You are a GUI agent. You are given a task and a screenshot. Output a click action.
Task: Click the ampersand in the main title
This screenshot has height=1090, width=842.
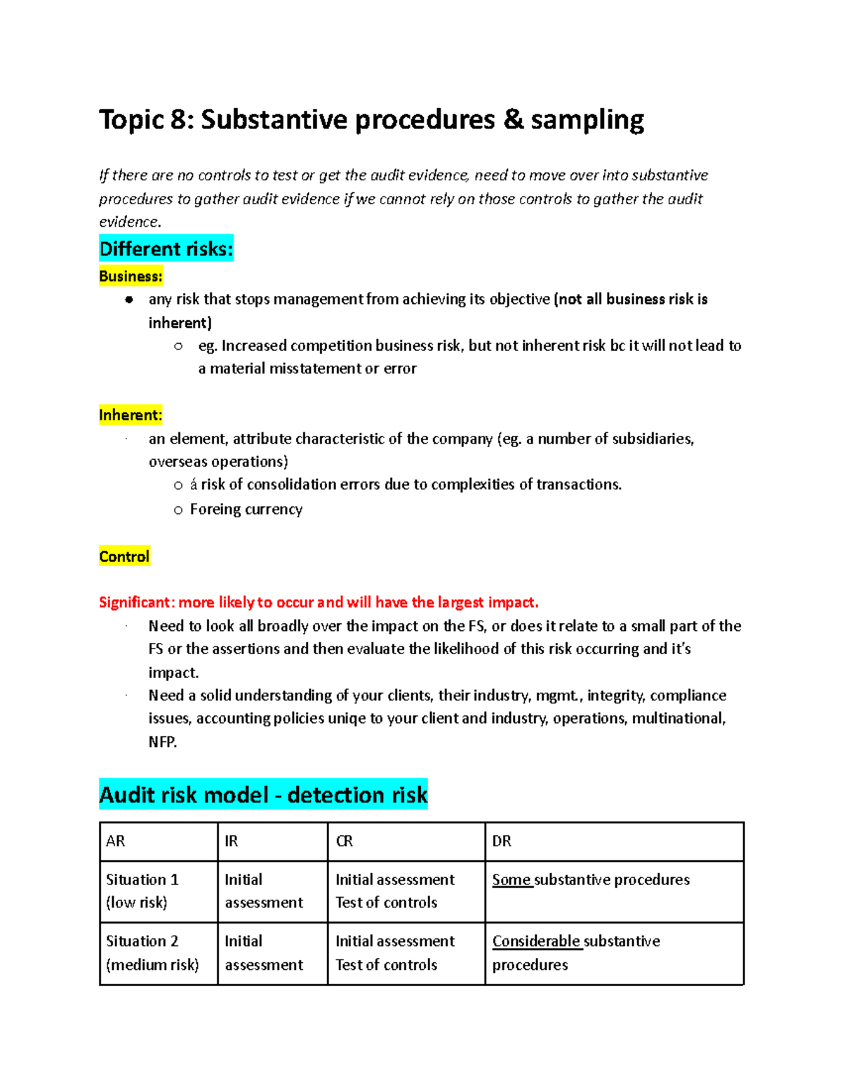pos(513,119)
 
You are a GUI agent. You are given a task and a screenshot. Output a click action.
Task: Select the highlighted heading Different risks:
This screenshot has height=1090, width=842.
pos(166,249)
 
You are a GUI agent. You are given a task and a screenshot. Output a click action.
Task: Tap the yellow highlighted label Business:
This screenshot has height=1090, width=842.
pos(131,277)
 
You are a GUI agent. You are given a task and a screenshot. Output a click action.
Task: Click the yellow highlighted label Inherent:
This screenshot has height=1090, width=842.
pos(131,415)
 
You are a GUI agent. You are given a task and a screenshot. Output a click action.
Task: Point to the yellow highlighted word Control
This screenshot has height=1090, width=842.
pos(124,557)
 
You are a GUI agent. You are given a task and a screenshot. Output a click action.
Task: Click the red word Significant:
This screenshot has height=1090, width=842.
pos(136,602)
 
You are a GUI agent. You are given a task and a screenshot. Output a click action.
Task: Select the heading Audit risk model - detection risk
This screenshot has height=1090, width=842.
pos(263,795)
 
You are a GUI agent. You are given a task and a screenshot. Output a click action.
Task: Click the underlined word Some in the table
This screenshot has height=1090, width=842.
pos(512,879)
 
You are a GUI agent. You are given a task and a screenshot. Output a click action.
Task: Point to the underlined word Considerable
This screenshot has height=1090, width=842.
pos(536,941)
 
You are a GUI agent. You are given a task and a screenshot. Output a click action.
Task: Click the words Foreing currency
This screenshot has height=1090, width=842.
pos(246,510)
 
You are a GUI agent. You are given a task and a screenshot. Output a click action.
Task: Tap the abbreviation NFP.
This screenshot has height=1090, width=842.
pos(162,742)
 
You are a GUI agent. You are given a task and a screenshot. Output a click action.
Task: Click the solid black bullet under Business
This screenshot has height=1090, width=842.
pos(129,300)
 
